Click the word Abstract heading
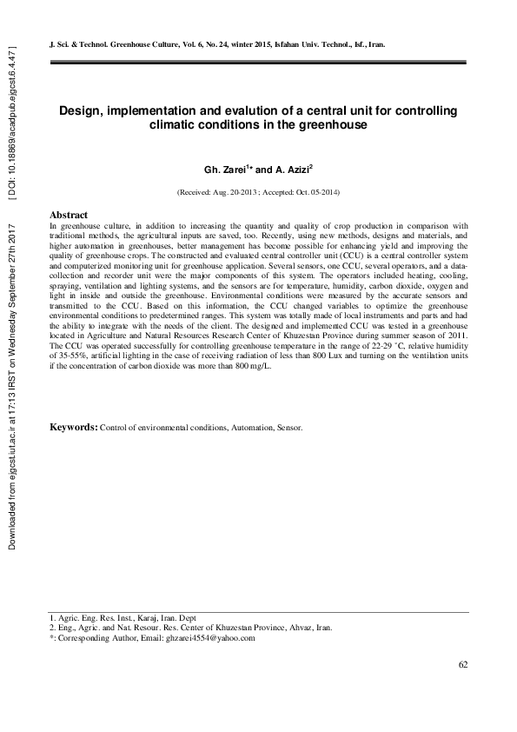69,214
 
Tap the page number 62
463,665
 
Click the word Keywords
73,428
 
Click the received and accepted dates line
258,190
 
